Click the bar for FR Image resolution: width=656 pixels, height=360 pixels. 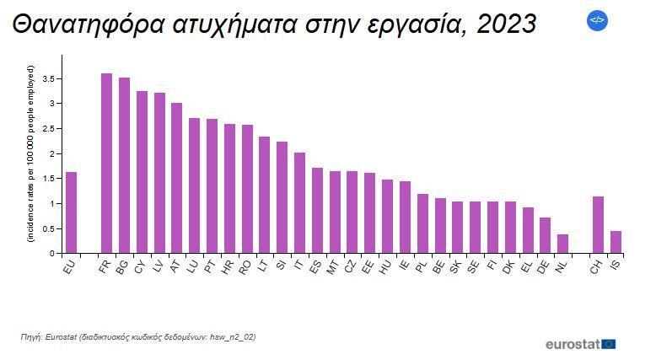tap(106, 164)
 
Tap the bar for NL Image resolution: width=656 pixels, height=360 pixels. tap(562, 244)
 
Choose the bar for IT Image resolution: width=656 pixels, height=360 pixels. tap(299, 203)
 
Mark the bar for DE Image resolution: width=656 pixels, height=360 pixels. tap(545, 235)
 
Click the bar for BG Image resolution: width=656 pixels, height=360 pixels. tap(124, 165)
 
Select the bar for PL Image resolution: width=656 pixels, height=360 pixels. tap(422, 223)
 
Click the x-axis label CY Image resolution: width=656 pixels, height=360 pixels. tap(140, 267)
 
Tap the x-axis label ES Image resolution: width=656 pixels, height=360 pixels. tap(315, 267)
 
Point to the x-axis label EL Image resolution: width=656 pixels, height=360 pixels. tap(526, 267)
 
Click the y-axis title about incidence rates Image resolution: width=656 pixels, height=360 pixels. tap(30, 154)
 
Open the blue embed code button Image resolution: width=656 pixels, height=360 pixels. tap(597, 20)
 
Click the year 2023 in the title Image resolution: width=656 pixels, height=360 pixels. tap(506, 24)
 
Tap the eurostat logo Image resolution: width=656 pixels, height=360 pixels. tap(580, 344)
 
